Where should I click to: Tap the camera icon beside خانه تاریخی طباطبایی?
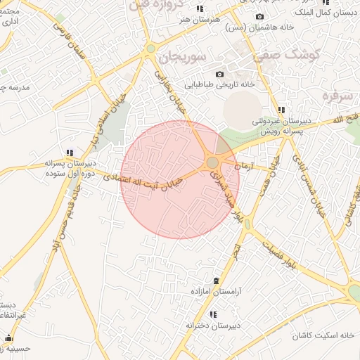click(x=220, y=75)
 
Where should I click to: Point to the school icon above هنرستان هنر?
click(x=200, y=8)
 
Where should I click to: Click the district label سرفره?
click(x=336, y=94)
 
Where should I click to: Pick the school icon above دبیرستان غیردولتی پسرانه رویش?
click(x=282, y=110)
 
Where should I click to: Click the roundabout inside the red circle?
click(x=212, y=162)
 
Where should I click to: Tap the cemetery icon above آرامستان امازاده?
click(x=216, y=281)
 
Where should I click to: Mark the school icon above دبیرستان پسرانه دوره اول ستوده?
click(x=70, y=152)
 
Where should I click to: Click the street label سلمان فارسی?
click(x=78, y=41)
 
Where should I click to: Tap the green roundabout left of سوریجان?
click(x=150, y=49)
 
